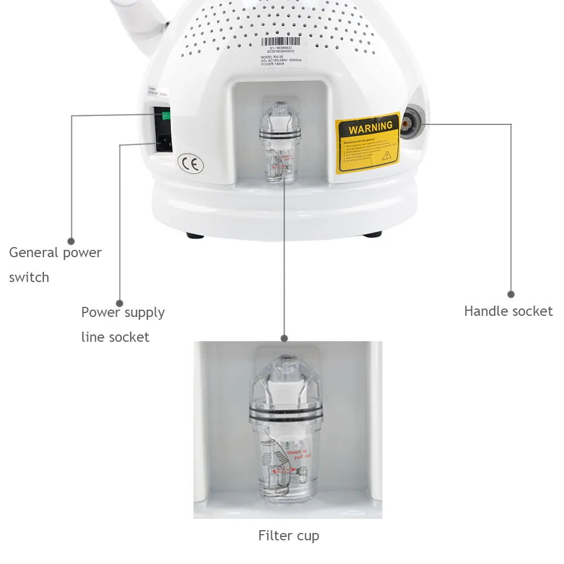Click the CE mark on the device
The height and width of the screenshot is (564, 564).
click(x=191, y=163)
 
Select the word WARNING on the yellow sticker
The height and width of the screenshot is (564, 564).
click(x=370, y=126)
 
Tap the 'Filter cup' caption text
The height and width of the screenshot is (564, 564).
click(x=289, y=535)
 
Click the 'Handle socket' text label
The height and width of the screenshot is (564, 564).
click(x=508, y=311)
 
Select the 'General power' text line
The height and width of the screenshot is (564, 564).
click(x=55, y=253)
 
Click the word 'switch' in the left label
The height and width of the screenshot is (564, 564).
click(x=29, y=277)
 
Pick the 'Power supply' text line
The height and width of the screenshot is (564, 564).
click(x=123, y=312)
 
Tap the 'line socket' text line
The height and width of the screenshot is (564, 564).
click(x=115, y=337)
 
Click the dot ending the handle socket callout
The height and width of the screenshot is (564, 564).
click(x=511, y=294)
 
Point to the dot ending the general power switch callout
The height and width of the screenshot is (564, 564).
click(x=71, y=240)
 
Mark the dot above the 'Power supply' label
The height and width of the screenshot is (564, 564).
click(x=120, y=302)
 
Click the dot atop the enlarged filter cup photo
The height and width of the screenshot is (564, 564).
click(x=284, y=338)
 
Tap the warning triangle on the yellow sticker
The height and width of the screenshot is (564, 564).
click(x=387, y=155)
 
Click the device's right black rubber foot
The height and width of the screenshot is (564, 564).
click(x=372, y=234)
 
